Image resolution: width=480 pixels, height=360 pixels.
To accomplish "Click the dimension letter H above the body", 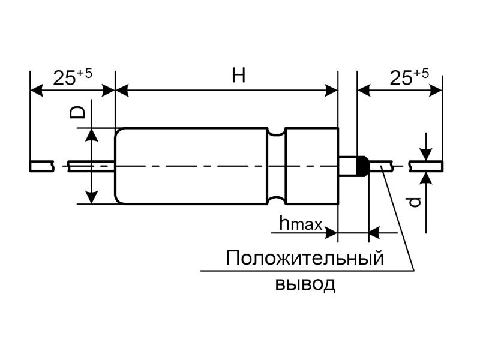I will [239, 76].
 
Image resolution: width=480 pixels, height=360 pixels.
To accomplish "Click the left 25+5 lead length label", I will [73, 77].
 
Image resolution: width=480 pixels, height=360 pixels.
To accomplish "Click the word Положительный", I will [305, 259].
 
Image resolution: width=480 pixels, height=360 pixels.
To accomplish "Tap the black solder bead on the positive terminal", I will [361, 166].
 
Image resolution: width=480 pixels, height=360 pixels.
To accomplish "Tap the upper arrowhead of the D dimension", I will [91, 134].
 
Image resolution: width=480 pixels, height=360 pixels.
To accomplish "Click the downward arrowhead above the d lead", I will [425, 155].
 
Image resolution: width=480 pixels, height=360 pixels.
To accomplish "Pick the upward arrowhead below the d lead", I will [425, 176].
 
